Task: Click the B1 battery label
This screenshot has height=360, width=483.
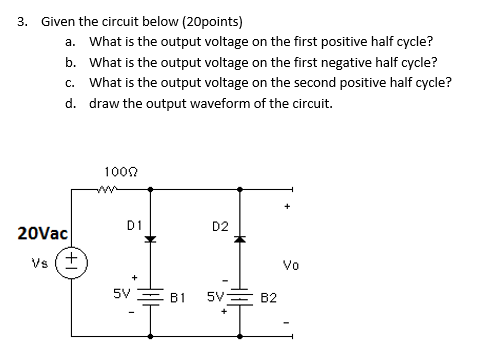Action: click(x=178, y=297)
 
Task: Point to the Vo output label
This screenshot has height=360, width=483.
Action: click(x=291, y=265)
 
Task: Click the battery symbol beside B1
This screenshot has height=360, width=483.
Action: click(x=150, y=296)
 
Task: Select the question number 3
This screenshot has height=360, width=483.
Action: click(x=20, y=21)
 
